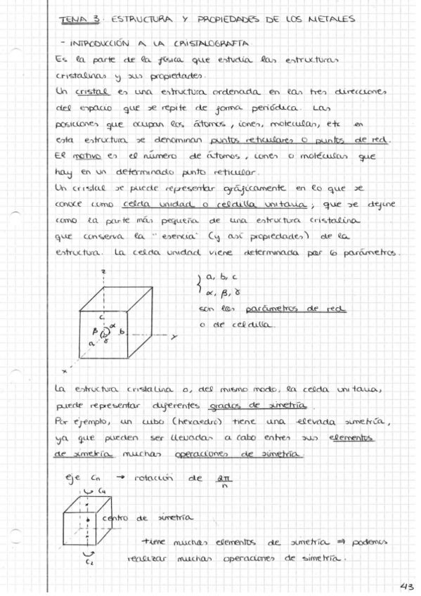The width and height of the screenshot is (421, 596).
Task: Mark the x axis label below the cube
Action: (63, 370)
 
